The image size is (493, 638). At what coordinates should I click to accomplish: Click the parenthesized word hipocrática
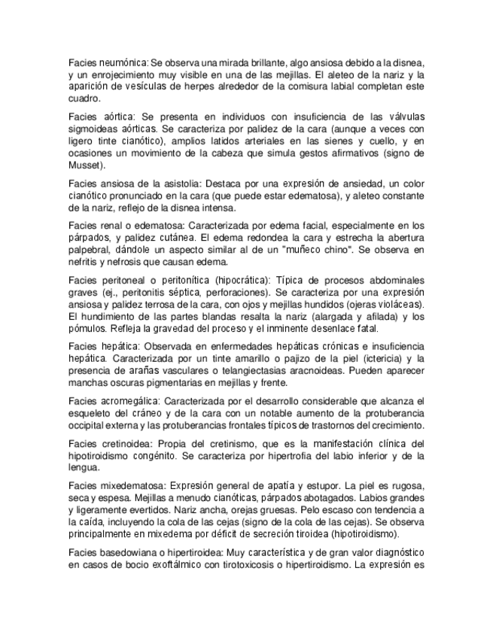coord(243,279)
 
